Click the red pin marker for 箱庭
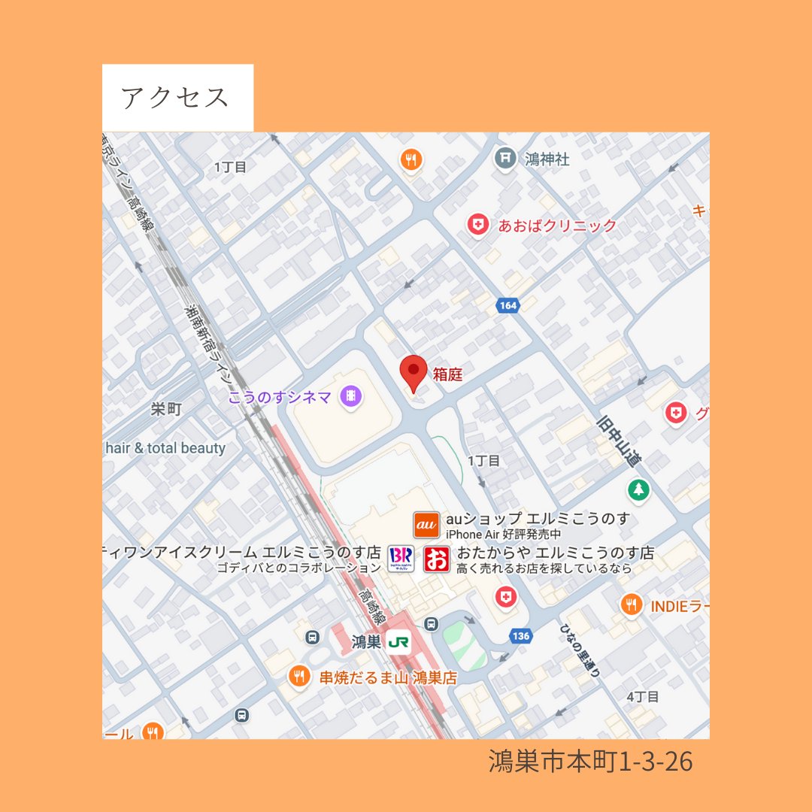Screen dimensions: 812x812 coord(413,372)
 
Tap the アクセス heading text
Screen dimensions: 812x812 coord(174,98)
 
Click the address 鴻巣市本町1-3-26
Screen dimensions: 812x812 coord(590,762)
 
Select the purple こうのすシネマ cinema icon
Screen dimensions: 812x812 coord(350,395)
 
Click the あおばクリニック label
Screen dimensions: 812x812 coord(557,225)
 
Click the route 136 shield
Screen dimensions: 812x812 coord(520,636)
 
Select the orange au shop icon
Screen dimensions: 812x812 coord(426,524)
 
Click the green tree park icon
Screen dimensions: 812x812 coord(638,489)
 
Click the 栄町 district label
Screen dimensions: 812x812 coord(166,409)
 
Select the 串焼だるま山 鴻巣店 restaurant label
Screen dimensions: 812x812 coord(388,677)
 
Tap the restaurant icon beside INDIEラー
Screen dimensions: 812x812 coord(631,604)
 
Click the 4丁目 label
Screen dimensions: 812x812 coord(643,697)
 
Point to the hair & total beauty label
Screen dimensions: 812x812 coord(165,448)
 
